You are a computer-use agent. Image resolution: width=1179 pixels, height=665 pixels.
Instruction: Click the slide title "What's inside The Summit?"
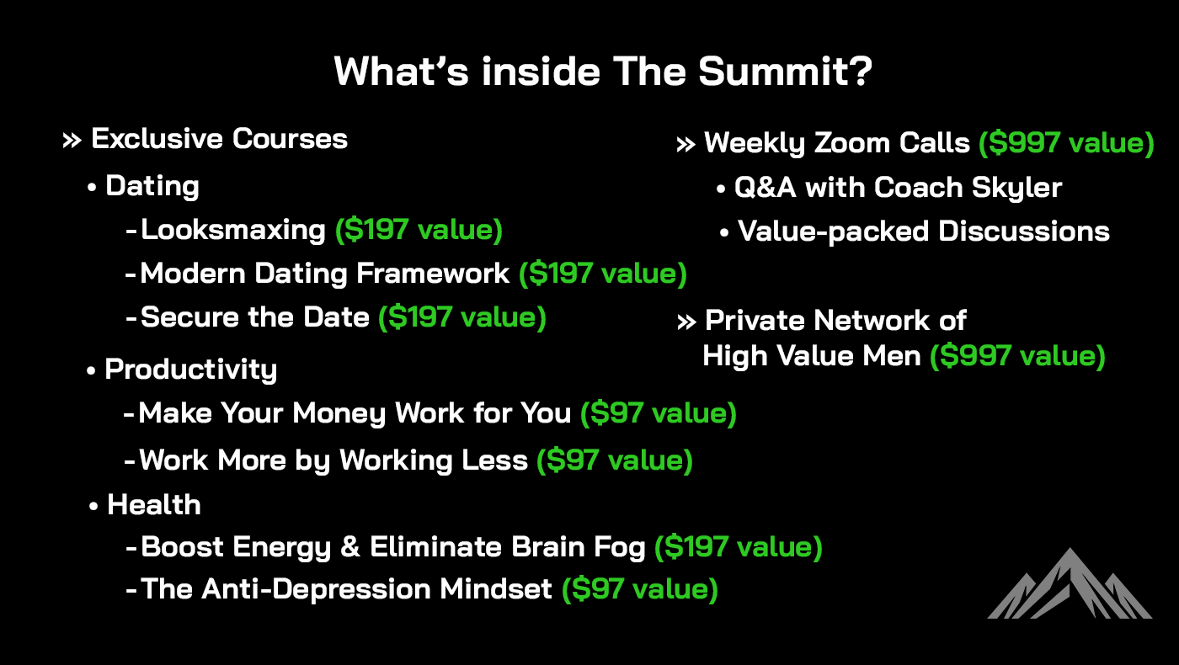[x=602, y=72]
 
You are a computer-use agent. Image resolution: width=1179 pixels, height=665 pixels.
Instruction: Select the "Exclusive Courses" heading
[x=219, y=139]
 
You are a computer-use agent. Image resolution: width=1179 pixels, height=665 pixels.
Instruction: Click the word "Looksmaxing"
[x=233, y=230]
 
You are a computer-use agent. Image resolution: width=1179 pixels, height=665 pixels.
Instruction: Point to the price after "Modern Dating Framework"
[x=602, y=274]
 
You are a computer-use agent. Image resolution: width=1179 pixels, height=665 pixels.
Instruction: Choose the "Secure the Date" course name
[x=255, y=317]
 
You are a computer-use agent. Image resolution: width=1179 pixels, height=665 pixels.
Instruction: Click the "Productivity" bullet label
[x=190, y=370]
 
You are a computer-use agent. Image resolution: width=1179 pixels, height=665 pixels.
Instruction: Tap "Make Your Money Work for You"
[x=359, y=413]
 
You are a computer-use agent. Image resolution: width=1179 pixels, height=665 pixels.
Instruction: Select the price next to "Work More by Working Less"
[x=614, y=460]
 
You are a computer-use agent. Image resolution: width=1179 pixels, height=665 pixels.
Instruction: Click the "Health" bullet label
[x=154, y=505]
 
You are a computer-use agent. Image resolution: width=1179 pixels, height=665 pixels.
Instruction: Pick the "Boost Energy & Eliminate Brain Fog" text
[x=393, y=547]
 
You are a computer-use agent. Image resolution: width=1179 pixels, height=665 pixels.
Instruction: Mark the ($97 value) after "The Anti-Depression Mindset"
[x=639, y=588]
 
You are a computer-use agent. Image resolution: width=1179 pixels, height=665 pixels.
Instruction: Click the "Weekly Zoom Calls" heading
[x=836, y=143]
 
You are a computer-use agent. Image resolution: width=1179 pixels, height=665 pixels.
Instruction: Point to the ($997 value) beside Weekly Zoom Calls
[x=1065, y=143]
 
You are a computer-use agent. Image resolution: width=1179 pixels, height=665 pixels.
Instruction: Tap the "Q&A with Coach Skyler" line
[x=898, y=188]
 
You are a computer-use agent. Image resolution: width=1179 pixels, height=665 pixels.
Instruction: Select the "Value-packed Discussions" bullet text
[x=923, y=231]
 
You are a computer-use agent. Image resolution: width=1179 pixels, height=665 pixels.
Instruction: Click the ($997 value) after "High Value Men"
[x=1016, y=356]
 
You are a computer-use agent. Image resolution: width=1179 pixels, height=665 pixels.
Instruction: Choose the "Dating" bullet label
[x=152, y=186]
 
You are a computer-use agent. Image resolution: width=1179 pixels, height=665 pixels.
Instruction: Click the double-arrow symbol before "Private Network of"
[x=686, y=321]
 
